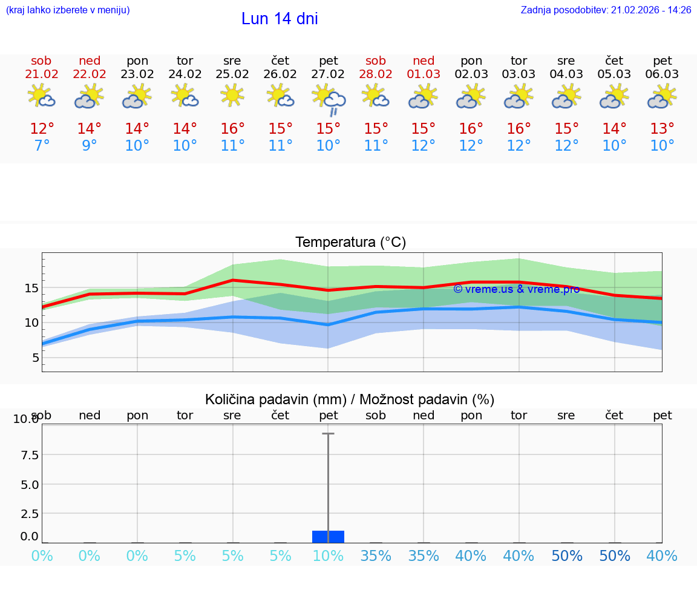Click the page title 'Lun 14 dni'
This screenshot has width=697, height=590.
280,19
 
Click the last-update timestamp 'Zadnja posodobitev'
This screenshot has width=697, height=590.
606,10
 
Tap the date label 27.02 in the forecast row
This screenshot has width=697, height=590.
328,74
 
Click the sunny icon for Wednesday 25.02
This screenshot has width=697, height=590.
232,96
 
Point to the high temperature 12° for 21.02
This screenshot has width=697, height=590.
42,129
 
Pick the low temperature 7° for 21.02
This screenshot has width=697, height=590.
42,146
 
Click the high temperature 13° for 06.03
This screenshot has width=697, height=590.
662,129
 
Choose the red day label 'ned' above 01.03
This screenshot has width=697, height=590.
424,61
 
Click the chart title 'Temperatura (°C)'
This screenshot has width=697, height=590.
350,243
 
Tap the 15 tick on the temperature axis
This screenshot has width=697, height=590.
31,288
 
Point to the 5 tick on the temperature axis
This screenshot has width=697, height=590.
35,358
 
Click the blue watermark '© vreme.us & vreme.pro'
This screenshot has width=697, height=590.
516,289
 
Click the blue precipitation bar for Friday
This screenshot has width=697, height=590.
328,537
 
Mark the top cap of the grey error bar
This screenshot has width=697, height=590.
328,434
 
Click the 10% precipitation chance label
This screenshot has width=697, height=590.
328,556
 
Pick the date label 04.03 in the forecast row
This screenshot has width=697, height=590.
566,74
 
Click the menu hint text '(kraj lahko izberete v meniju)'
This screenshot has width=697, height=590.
68,10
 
